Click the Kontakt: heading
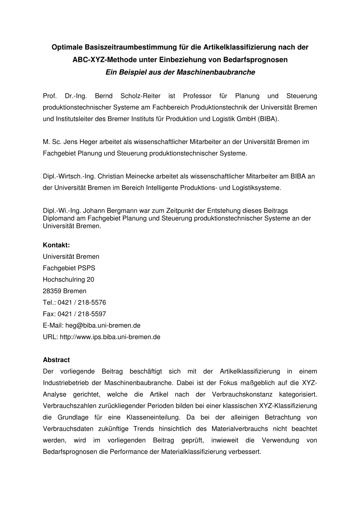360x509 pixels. pyautogui.click(x=56, y=245)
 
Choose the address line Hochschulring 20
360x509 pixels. pyautogui.click(x=69, y=279)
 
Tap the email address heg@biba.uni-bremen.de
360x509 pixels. pyautogui.click(x=103, y=325)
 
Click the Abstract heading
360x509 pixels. pyautogui.click(x=56, y=360)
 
